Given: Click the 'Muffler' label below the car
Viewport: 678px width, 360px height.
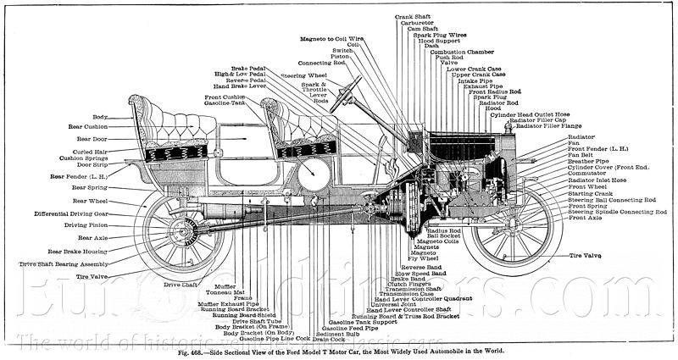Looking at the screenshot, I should (225, 287).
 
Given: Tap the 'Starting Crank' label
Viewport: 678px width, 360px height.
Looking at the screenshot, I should (591, 193).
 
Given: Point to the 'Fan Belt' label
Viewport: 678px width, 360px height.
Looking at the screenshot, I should (581, 154).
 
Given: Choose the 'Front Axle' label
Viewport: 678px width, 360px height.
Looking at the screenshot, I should (586, 218).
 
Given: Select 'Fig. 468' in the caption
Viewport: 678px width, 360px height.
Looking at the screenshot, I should (191, 350).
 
